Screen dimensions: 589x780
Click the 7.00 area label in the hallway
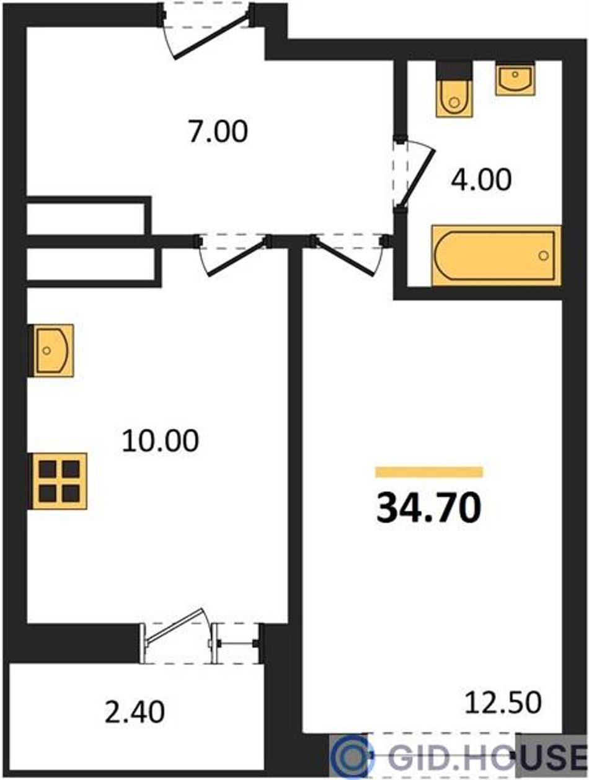click(218, 132)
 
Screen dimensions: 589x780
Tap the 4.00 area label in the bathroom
click(481, 180)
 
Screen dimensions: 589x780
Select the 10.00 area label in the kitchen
click(160, 441)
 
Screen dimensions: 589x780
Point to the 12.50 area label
click(503, 702)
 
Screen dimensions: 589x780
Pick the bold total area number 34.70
click(429, 508)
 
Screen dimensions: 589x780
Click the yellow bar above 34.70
click(429, 472)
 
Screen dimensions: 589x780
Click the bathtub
click(496, 255)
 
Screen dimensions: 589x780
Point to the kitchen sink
click(52, 350)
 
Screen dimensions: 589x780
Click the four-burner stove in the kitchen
click(58, 481)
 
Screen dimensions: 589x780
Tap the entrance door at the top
click(207, 35)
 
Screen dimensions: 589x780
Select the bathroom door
click(414, 174)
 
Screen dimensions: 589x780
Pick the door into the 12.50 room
click(349, 254)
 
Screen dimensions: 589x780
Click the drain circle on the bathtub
click(543, 255)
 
